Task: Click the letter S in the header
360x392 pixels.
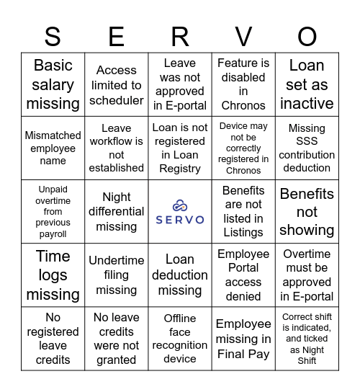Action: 53,36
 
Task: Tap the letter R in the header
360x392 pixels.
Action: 180,36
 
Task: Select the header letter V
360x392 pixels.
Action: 243,36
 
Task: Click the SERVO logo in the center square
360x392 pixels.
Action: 180,212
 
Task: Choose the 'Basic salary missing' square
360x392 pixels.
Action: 53,84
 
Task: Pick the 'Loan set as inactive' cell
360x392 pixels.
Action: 307,84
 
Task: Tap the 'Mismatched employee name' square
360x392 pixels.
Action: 53,148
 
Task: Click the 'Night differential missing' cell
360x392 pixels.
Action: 117,211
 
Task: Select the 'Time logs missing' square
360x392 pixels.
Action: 53,275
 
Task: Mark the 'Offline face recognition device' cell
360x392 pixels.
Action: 180,338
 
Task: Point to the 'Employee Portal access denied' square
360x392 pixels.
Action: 243,275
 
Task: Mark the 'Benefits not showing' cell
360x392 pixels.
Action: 307,212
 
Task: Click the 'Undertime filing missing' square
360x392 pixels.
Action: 117,275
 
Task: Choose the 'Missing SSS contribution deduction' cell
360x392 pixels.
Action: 307,148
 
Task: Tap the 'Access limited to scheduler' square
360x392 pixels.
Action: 117,85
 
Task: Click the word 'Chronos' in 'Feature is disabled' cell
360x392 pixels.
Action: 243,106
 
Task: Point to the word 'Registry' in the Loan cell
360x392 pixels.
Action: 180,169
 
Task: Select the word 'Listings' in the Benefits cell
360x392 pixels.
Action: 243,233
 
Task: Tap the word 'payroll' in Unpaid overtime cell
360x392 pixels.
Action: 53,233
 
